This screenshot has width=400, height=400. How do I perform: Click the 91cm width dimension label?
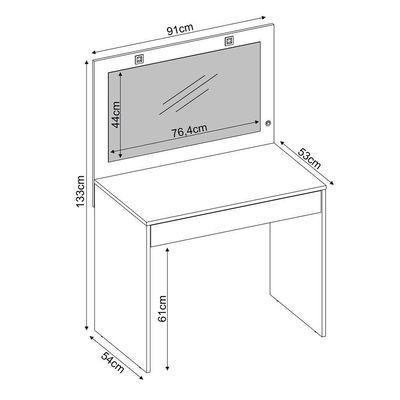click(180, 29)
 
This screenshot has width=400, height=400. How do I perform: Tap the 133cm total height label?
click(81, 191)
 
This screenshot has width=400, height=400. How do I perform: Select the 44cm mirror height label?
click(116, 115)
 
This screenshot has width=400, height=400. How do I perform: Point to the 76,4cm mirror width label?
click(189, 131)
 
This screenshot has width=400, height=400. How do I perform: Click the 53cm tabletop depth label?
click(309, 158)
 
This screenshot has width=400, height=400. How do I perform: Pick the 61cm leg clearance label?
click(162, 309)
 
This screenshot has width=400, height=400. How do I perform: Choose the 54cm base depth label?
click(112, 362)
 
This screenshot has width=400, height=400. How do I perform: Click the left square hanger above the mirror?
click(139, 59)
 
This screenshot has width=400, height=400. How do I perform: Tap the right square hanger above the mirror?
click(229, 41)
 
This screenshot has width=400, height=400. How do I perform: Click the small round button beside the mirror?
click(268, 124)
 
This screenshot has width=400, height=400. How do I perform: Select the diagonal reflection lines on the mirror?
click(189, 94)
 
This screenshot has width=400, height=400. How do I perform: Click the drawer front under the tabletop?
click(235, 218)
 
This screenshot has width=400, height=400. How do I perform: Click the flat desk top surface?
click(211, 182)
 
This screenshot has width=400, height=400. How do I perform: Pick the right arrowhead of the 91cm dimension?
click(263, 17)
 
